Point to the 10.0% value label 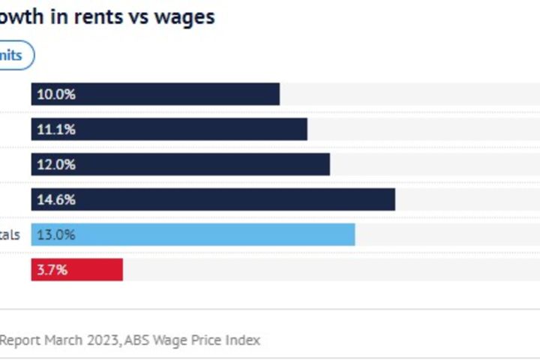tap(56, 94)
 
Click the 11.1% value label tap(56, 129)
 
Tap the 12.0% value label tap(56, 164)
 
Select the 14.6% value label tap(56, 199)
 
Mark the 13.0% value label tap(56, 235)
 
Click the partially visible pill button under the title tap(15, 55)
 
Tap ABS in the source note tap(137, 340)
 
